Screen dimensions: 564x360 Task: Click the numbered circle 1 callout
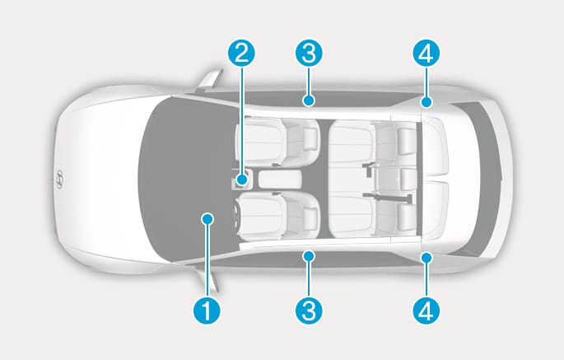pyautogui.click(x=207, y=311)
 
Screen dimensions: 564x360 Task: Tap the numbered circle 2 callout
pyautogui.click(x=241, y=54)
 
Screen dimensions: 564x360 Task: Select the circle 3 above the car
pyautogui.click(x=309, y=54)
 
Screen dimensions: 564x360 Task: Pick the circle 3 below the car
pyautogui.click(x=309, y=311)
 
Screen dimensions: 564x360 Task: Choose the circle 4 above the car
pyautogui.click(x=426, y=54)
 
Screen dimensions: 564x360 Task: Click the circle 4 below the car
pyautogui.click(x=426, y=311)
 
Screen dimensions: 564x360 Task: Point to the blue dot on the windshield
pyautogui.click(x=207, y=218)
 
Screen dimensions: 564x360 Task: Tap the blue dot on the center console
pyautogui.click(x=242, y=179)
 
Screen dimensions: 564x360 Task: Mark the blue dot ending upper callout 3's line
pyautogui.click(x=309, y=101)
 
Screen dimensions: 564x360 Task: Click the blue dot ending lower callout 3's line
pyautogui.click(x=309, y=256)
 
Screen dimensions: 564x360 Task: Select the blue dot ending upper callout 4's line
pyautogui.click(x=426, y=102)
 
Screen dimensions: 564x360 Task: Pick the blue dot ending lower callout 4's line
pyautogui.click(x=426, y=258)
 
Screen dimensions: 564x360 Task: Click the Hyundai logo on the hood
pyautogui.click(x=59, y=179)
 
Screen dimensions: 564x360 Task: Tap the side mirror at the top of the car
pyautogui.click(x=209, y=79)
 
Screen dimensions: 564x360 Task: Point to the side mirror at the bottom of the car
pyautogui.click(x=209, y=281)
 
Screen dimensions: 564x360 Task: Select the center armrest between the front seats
pyautogui.click(x=279, y=180)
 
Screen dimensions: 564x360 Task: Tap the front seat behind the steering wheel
pyautogui.click(x=277, y=216)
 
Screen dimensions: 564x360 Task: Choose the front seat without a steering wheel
pyautogui.click(x=277, y=143)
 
